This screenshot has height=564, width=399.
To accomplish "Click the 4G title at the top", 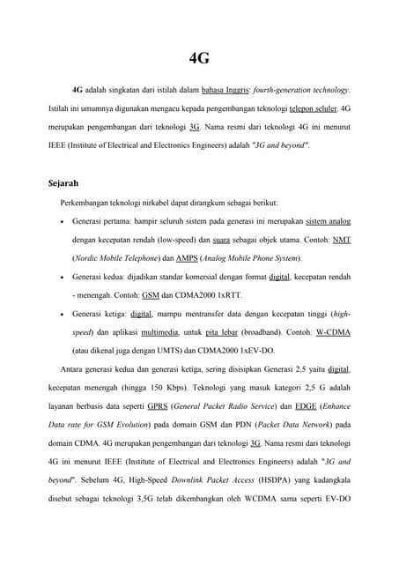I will coord(200,59).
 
